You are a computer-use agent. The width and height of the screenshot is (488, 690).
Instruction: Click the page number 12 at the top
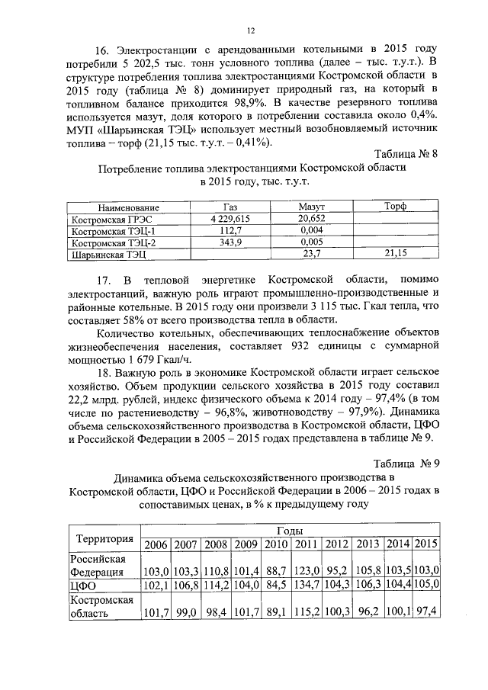[249, 30]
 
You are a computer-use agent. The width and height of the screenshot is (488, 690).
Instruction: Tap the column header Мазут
[312, 207]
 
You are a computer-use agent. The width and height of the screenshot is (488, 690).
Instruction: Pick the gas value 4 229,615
[230, 219]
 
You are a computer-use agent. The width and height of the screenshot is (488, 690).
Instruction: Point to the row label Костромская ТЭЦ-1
[113, 230]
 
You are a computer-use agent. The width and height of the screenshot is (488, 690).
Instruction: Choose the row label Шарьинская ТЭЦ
[108, 254]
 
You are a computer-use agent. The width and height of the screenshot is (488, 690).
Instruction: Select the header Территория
[104, 537]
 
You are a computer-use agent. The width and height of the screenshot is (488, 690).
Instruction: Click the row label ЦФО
[83, 585]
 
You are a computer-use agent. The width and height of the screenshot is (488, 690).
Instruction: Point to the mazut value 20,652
[312, 219]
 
